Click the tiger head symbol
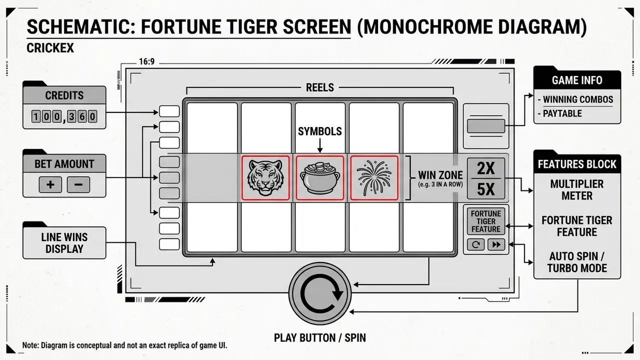[x=265, y=177]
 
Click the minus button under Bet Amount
[x=78, y=184]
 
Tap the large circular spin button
[x=320, y=293]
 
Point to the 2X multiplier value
[x=485, y=168]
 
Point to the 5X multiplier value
[x=485, y=189]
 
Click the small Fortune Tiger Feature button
[x=485, y=221]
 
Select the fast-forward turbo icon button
[x=496, y=244]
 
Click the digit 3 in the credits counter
[x=71, y=116]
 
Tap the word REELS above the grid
[x=319, y=87]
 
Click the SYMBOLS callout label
[x=319, y=131]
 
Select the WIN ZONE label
[x=440, y=175]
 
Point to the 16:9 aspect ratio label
[x=146, y=61]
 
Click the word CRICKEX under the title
[x=50, y=48]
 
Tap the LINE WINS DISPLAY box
[x=64, y=243]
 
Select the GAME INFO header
[x=577, y=80]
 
